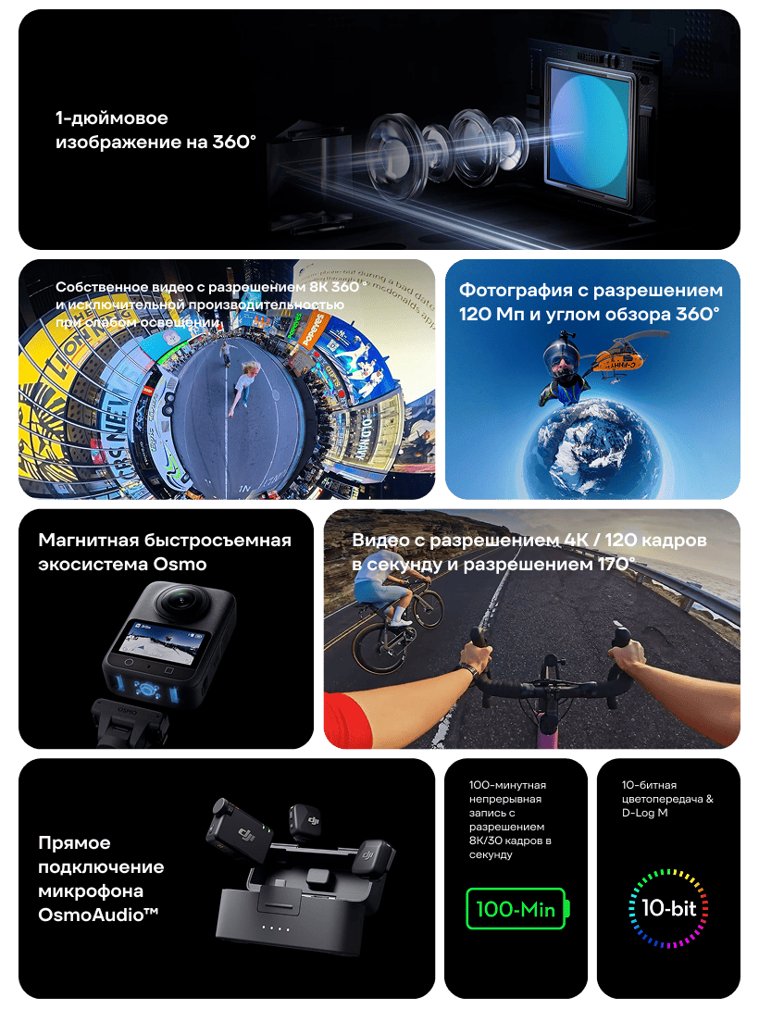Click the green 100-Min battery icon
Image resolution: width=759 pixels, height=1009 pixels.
coord(517,909)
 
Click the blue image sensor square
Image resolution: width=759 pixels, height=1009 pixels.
coord(591,132)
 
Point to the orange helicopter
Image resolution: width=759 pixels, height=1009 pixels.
coord(618,358)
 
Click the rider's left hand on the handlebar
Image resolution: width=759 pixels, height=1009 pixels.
coord(475,657)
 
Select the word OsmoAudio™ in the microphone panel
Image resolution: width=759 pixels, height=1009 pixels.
coord(98,915)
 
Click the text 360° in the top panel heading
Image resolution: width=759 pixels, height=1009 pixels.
coord(234,142)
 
